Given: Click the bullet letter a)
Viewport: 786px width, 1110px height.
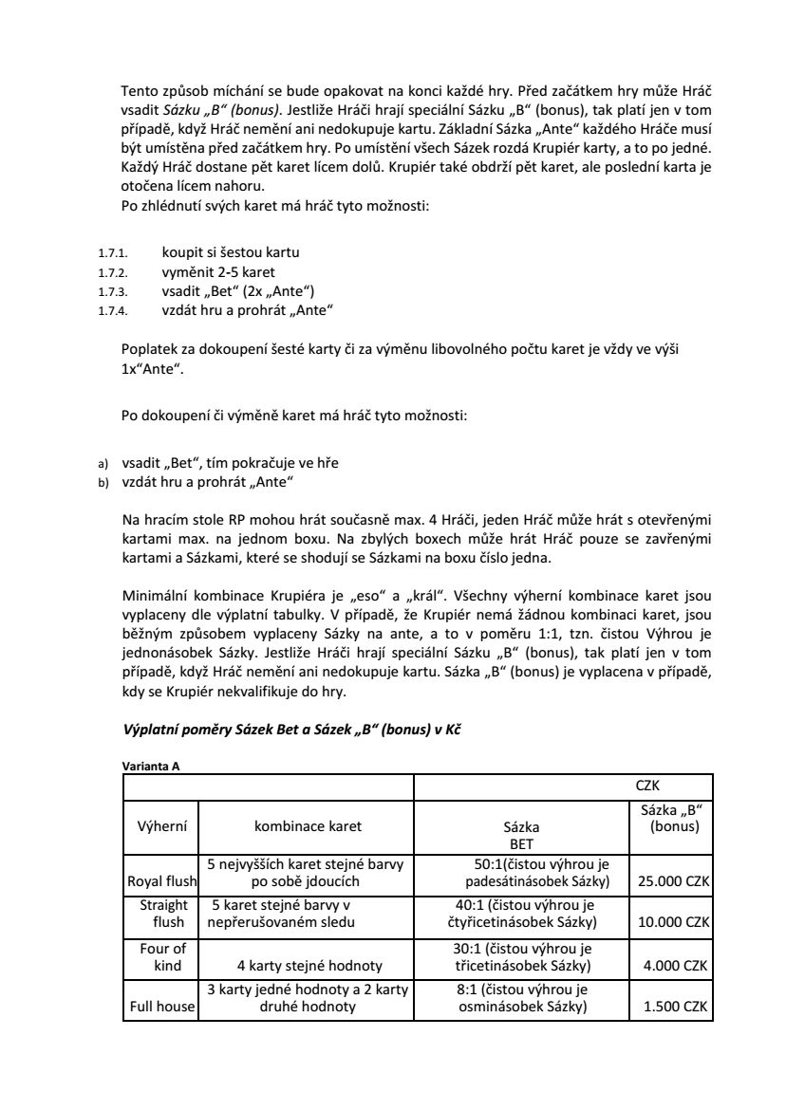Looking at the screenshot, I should (x=104, y=464).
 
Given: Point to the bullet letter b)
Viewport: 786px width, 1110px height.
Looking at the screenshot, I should (x=104, y=483).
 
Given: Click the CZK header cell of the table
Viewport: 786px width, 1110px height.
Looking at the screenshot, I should (x=647, y=786).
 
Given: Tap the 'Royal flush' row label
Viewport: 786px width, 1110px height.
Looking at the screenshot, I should (x=160, y=881).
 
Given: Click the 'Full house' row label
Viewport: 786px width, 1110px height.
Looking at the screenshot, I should (x=160, y=1007).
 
